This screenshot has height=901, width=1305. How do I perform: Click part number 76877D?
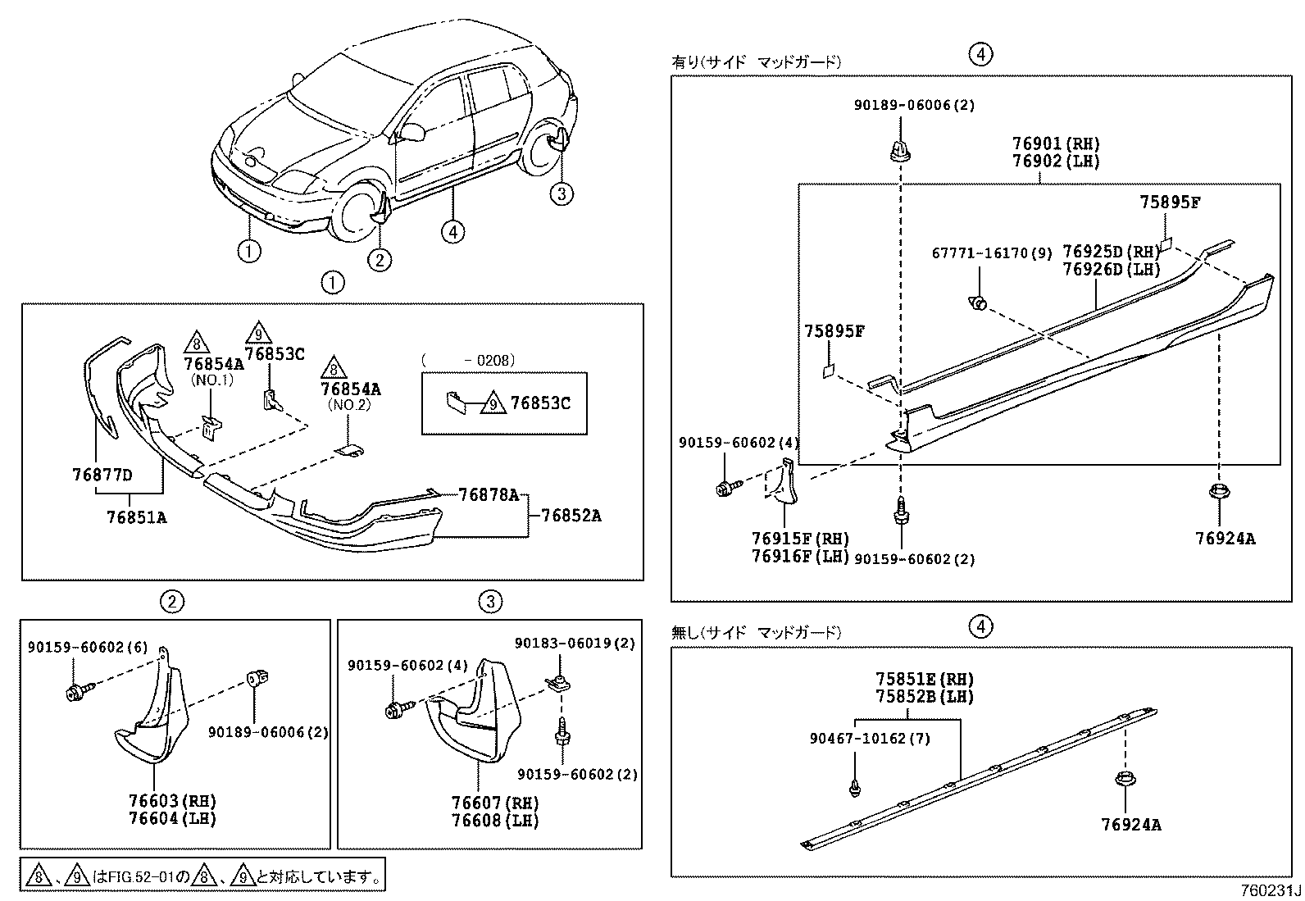pyautogui.click(x=102, y=475)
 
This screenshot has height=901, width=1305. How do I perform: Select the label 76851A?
pyautogui.click(x=136, y=516)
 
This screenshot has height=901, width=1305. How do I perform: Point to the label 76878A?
pyautogui.click(x=489, y=494)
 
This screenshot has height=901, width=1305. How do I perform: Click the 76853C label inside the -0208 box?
pyautogui.click(x=540, y=403)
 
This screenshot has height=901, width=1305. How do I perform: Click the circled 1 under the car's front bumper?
pyautogui.click(x=249, y=250)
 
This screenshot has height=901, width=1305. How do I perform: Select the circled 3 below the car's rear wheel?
pyautogui.click(x=561, y=193)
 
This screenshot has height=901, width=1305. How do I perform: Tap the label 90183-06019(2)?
pyautogui.click(x=575, y=644)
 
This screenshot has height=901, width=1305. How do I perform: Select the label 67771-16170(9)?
pyautogui.click(x=992, y=253)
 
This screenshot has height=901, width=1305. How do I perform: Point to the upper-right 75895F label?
pyautogui.click(x=1170, y=202)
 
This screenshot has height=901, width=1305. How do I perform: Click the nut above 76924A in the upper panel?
pyautogui.click(x=1218, y=494)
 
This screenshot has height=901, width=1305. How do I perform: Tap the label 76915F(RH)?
pyautogui.click(x=800, y=539)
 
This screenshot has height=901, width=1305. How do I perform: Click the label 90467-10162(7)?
pyautogui.click(x=870, y=738)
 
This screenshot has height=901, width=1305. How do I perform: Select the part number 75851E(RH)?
pyautogui.click(x=924, y=679)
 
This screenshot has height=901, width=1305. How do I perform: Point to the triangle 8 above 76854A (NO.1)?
pyautogui.click(x=196, y=341)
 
